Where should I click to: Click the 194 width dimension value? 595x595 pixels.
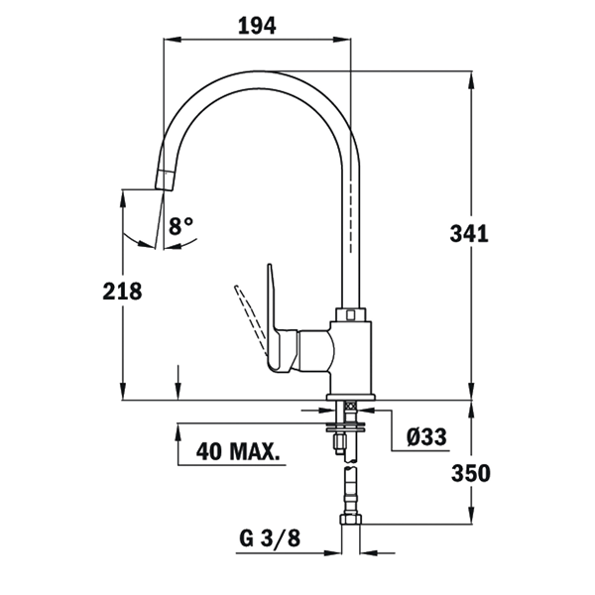click(257, 26)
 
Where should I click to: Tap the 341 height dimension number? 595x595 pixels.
click(469, 234)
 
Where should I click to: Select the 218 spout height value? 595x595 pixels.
click(122, 292)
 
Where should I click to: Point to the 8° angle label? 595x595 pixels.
click(181, 226)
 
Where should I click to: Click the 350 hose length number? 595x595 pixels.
click(470, 474)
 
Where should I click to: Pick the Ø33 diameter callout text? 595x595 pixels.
click(426, 436)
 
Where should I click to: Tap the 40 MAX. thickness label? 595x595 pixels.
click(236, 451)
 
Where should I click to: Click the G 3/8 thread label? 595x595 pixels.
click(270, 538)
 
